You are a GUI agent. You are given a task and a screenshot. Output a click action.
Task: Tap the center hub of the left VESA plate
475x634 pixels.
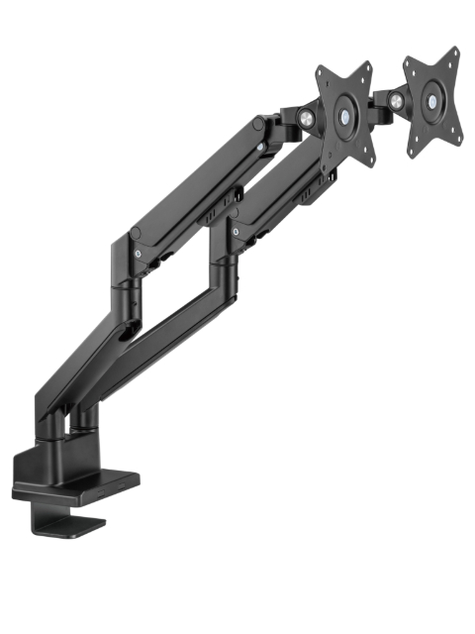tap(343, 115)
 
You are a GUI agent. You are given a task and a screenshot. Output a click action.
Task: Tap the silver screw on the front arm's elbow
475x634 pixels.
tap(138, 254)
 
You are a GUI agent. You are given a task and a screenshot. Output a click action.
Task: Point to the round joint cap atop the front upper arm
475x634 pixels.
tap(259, 124)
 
